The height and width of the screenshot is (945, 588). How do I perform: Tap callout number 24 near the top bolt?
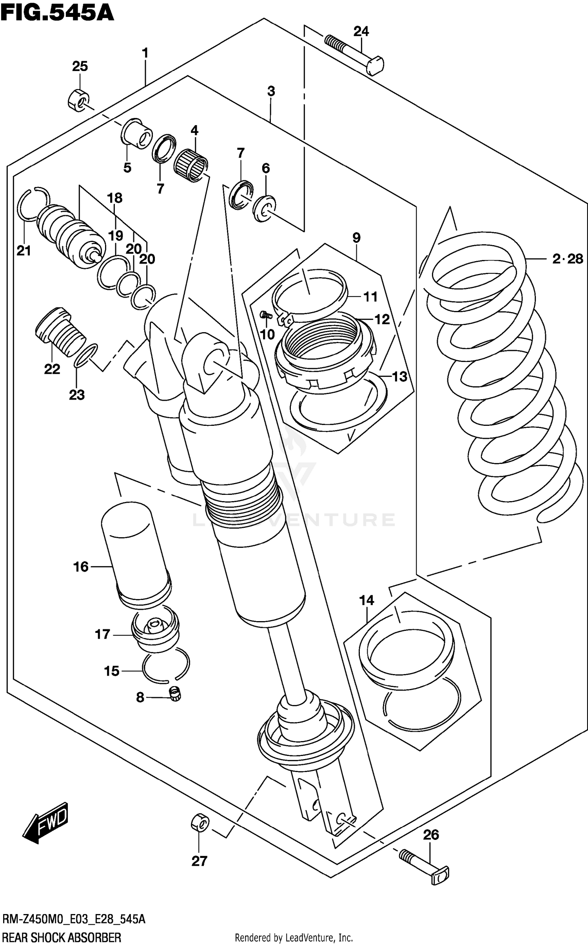[x=361, y=31]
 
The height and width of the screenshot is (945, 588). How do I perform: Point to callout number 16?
[x=81, y=567]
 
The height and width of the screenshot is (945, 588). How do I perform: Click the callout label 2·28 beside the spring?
[x=567, y=259]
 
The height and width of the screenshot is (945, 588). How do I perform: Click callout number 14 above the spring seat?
[x=367, y=600]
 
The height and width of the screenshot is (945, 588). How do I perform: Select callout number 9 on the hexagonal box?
[x=356, y=238]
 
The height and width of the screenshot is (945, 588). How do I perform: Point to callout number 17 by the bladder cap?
[x=102, y=634]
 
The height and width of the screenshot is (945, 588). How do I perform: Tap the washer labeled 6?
[x=264, y=209]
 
